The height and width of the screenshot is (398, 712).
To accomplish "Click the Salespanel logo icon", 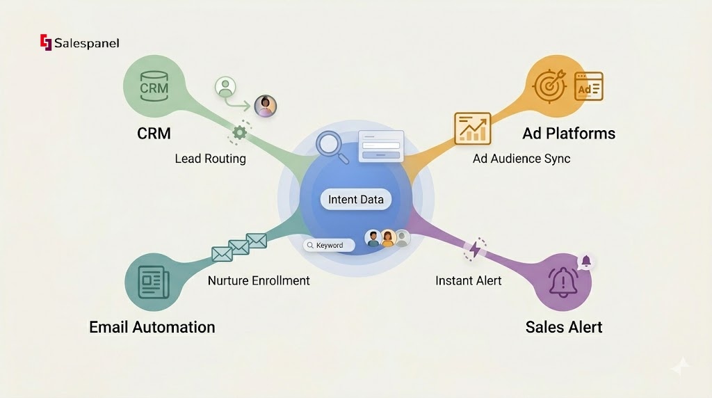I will tap(46, 43).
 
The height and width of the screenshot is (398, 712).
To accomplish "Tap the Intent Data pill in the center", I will tap(356, 200).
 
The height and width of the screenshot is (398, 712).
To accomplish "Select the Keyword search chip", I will tap(329, 246).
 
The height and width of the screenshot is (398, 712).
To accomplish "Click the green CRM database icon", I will tap(154, 87).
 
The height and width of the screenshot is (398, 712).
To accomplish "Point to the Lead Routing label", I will tap(210, 159).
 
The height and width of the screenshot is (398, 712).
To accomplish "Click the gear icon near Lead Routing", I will tap(240, 132).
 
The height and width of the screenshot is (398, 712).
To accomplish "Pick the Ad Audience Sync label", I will tap(521, 159).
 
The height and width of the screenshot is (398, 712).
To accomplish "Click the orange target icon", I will tap(549, 87).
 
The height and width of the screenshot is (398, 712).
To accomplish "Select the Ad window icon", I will tap(588, 87).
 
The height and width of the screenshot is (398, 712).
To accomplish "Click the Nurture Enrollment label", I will tap(259, 281).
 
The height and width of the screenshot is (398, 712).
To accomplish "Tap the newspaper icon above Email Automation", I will tap(154, 282).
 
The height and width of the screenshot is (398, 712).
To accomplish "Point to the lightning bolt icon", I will tap(476, 249).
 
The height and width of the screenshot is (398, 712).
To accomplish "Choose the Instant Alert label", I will tap(469, 281).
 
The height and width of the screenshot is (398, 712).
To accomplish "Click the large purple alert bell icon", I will tap(563, 282).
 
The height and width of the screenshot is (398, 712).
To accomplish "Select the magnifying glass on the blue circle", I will tap(330, 145).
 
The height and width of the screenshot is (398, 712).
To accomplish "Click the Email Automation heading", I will tap(152, 327).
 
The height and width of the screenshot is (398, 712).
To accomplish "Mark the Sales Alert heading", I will tap(564, 327).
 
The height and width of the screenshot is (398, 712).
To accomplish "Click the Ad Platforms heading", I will tap(569, 134).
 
